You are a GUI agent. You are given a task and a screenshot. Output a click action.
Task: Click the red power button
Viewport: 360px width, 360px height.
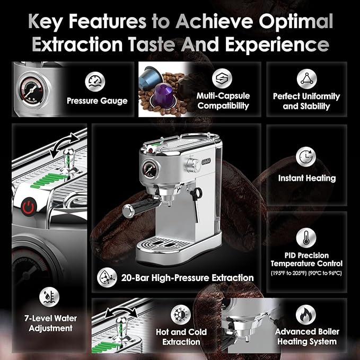click(29, 205)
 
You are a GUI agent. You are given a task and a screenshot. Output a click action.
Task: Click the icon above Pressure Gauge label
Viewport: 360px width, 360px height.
click(95, 81)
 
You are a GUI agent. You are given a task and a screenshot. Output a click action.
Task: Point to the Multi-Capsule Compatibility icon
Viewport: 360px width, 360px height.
click(222, 78)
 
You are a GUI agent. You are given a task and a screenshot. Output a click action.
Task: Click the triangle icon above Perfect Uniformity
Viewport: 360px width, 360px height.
click(306, 79)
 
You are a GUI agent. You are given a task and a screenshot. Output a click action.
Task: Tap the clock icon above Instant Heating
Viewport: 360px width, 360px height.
click(306, 157)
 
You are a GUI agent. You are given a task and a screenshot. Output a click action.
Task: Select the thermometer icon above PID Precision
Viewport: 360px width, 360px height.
click(306, 237)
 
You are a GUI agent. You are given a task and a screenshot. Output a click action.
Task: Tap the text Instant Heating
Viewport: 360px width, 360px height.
click(306, 178)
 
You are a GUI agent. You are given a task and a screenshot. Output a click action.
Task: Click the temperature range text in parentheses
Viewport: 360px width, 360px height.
click(306, 273)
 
